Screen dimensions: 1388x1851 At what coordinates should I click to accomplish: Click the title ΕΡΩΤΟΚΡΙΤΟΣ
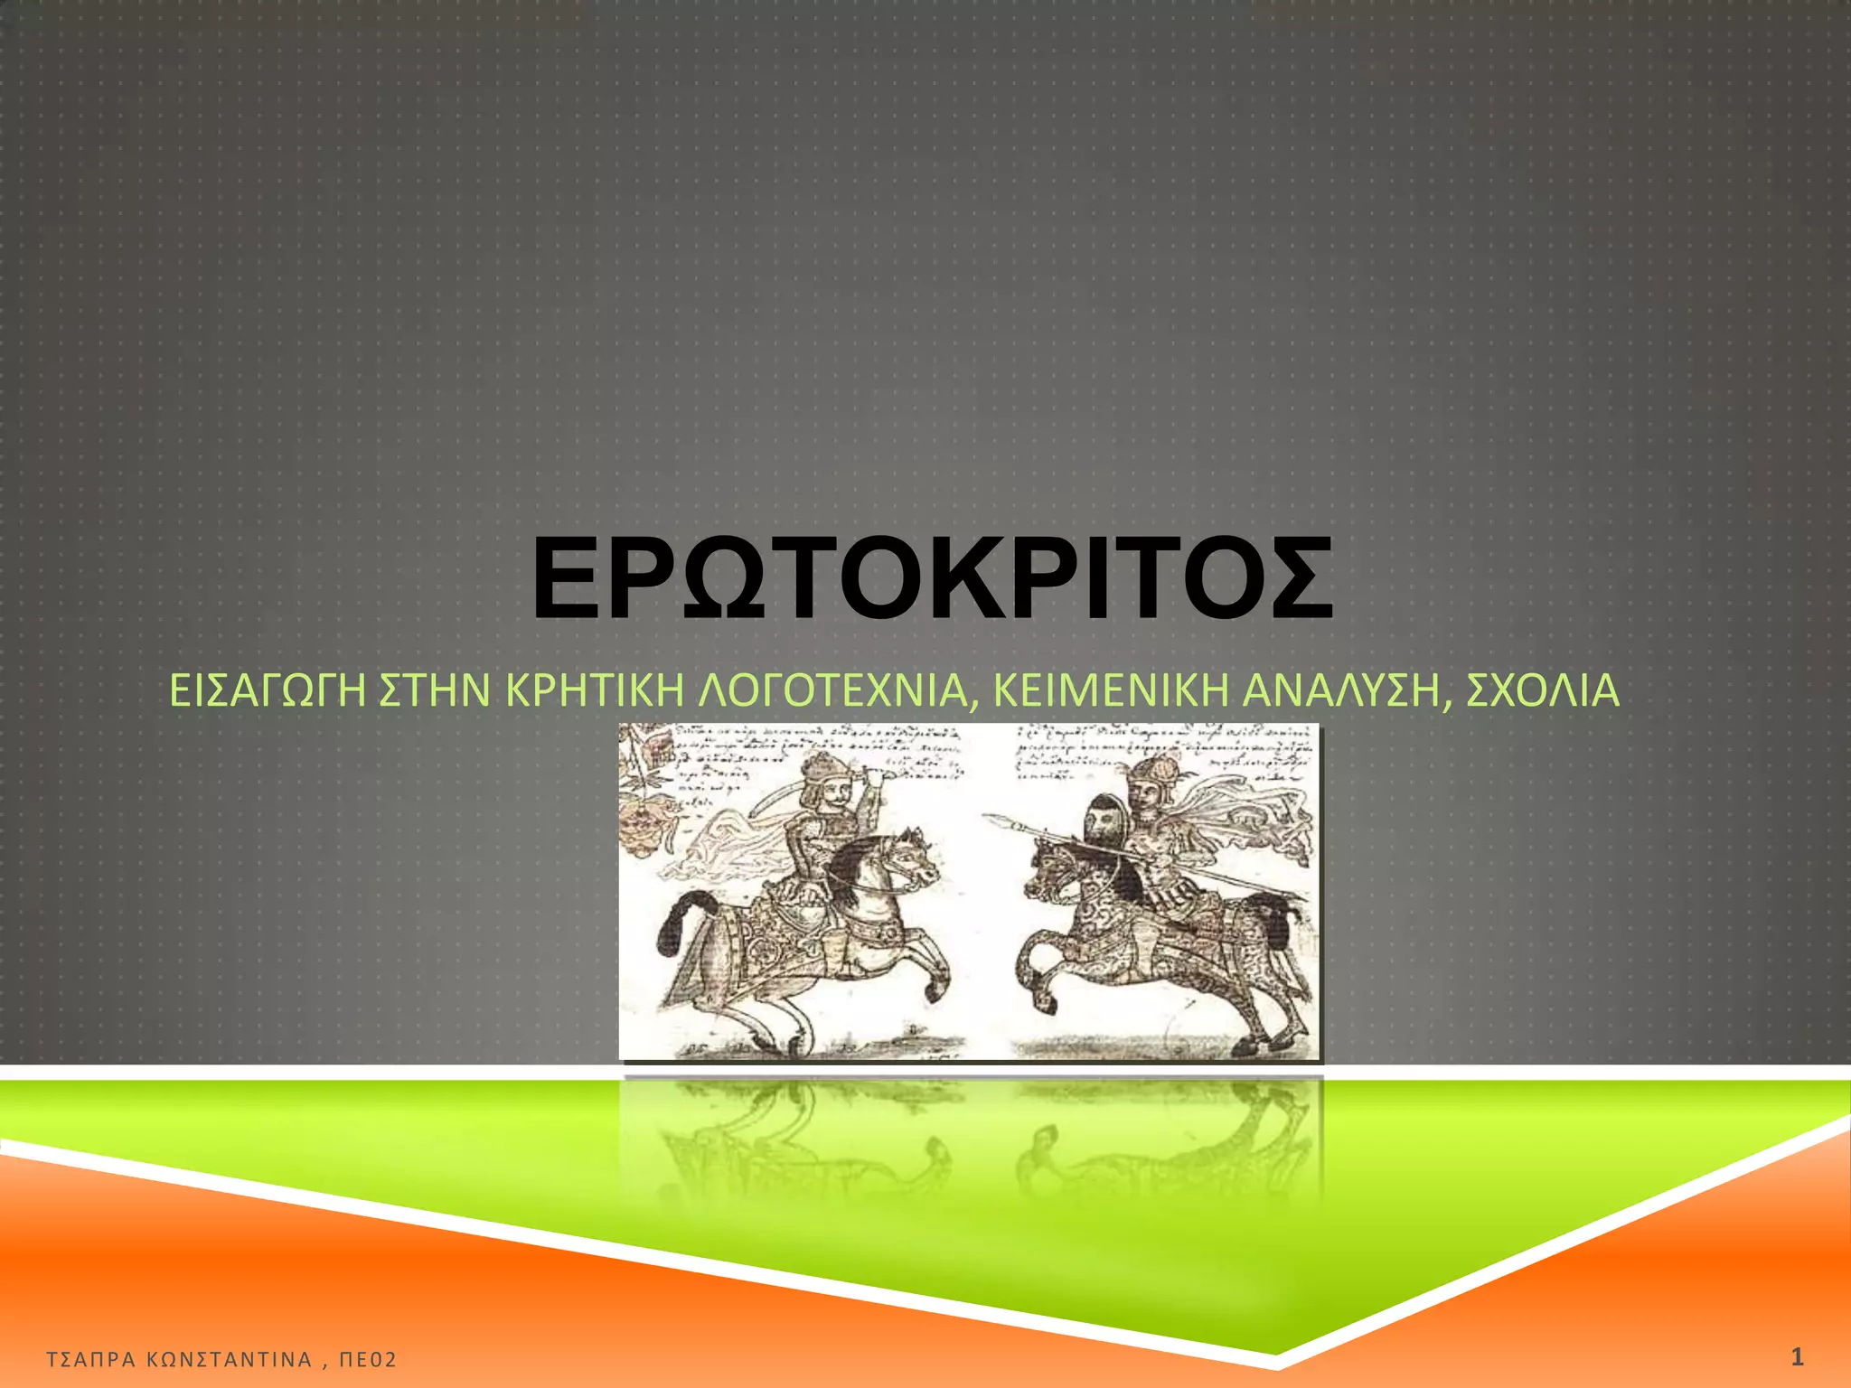coord(932,579)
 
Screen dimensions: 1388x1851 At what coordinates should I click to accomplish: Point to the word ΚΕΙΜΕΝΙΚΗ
coord(1111,691)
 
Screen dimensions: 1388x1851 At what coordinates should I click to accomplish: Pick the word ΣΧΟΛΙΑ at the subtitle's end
coord(1542,691)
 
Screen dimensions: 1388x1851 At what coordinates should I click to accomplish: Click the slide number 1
coord(1797,1356)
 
